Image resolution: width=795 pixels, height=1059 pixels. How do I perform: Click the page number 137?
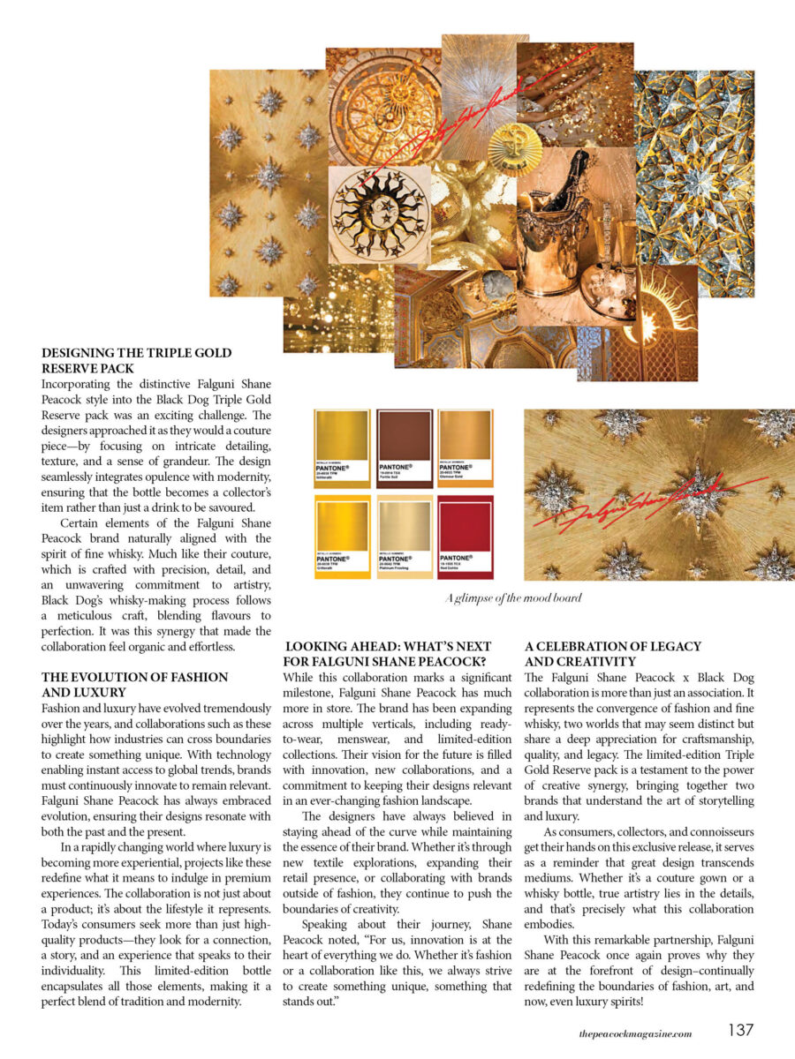click(x=740, y=1030)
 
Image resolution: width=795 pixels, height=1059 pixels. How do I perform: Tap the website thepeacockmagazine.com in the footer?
click(x=629, y=1033)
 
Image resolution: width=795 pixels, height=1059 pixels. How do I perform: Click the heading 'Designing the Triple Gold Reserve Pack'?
click(x=136, y=360)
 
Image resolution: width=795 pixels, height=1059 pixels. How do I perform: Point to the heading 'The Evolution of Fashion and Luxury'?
click(x=134, y=684)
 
